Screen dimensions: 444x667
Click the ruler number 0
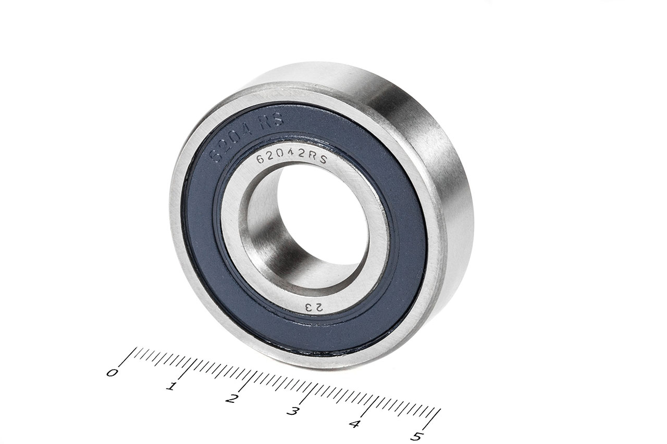pos(112,373)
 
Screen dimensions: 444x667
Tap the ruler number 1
pos(170,387)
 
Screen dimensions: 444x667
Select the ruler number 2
pos(231,399)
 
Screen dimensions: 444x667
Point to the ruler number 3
pos(292,412)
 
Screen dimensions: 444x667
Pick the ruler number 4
pos(354,424)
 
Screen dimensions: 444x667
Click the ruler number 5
pos(415,436)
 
